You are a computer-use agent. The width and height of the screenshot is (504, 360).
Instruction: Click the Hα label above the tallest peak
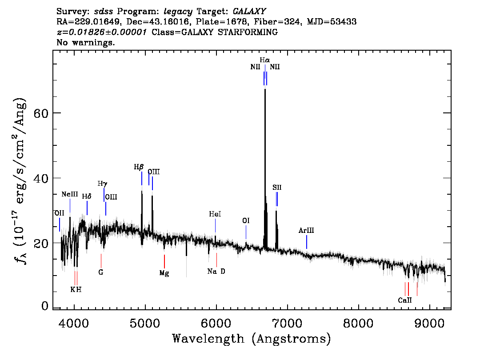265,60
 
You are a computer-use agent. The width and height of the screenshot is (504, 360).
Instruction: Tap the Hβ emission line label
139,167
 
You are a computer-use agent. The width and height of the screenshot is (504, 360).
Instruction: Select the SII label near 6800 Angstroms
277,188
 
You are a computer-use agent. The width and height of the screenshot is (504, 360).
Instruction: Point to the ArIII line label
306,230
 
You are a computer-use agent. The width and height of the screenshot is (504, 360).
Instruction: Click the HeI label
215,214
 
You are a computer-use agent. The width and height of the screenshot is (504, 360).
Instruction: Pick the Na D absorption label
216,271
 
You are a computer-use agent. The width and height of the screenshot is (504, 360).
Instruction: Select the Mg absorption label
164,273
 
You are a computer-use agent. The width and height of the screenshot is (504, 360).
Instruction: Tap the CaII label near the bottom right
405,300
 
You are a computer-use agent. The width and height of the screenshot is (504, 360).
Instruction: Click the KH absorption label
76,289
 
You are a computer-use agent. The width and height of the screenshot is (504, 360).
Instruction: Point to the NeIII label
70,195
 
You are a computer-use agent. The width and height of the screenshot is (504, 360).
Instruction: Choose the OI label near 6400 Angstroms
246,220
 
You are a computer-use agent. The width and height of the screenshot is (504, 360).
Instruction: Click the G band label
101,272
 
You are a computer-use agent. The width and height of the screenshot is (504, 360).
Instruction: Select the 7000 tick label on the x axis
287,322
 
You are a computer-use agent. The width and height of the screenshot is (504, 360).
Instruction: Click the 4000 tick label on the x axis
74,322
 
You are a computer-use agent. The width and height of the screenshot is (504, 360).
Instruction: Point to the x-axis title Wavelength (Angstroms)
252,339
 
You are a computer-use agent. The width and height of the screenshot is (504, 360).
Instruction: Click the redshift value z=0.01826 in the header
102,32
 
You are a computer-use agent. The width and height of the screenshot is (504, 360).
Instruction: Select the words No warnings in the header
86,43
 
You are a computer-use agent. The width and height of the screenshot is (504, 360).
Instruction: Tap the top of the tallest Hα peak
265,89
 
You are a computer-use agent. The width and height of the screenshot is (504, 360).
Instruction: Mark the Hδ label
87,196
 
